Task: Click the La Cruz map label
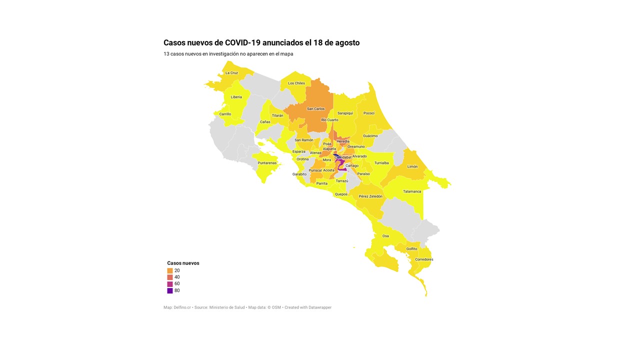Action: point(231,73)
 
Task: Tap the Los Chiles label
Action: point(296,83)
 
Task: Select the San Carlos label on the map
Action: point(315,109)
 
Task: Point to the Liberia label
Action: point(236,97)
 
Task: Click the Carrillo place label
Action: point(225,114)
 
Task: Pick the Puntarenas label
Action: point(267,163)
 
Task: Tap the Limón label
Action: point(412,166)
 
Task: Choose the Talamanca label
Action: point(412,191)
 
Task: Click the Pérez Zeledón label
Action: point(370,196)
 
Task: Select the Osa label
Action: point(385,236)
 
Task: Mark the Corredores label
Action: point(424,259)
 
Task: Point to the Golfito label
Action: point(411,249)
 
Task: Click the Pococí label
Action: point(369,113)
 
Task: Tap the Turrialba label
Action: point(381,163)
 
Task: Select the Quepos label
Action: point(341,194)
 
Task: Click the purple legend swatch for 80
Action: point(170,290)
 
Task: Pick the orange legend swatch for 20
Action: point(170,270)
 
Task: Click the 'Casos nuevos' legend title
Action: point(183,263)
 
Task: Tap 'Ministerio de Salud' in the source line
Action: point(226,307)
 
